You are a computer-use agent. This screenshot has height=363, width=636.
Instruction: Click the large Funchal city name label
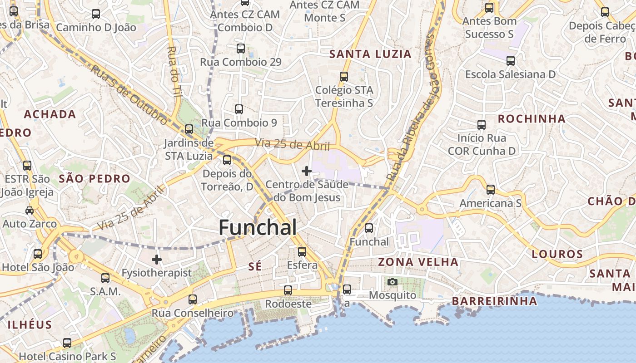click(258, 228)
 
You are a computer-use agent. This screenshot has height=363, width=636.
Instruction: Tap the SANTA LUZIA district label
click(370, 54)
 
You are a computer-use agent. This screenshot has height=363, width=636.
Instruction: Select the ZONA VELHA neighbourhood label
click(418, 262)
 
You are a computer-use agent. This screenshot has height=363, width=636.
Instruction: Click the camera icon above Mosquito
click(393, 282)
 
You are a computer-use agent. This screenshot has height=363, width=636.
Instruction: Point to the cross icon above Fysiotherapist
click(157, 260)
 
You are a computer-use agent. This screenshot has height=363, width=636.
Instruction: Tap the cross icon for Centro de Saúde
click(307, 171)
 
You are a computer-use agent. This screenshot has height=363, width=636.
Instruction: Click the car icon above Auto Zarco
click(30, 211)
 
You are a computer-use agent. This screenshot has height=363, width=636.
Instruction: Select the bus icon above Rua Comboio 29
click(241, 48)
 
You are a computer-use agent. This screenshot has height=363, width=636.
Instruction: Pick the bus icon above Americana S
click(491, 190)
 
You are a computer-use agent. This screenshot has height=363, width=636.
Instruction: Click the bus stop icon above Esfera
click(302, 251)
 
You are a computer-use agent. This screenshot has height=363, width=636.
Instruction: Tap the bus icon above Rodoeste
click(288, 290)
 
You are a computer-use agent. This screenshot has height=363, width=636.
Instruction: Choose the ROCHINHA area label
click(532, 119)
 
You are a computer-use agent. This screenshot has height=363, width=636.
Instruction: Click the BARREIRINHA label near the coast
click(494, 301)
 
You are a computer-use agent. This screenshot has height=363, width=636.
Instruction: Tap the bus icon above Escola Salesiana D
click(511, 61)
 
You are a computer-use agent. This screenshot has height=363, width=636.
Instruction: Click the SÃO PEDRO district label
click(94, 179)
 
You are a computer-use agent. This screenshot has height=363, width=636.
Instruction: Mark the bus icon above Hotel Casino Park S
click(67, 343)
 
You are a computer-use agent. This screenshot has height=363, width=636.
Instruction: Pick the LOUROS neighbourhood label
click(557, 254)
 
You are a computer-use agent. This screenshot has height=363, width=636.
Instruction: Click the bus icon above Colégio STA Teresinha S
click(344, 77)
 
